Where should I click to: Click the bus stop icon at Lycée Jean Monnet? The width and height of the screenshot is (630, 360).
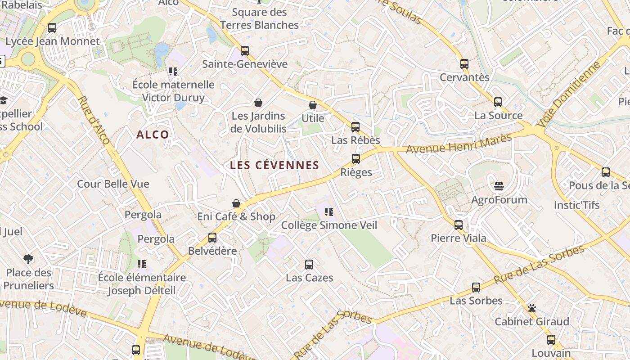tap(52, 28)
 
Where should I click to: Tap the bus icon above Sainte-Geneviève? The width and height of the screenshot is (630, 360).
tap(245, 51)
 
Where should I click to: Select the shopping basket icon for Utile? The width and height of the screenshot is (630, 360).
tap(313, 105)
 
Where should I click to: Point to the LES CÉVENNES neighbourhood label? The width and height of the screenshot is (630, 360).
tap(274, 165)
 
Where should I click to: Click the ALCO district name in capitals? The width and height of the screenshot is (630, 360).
tap(153, 135)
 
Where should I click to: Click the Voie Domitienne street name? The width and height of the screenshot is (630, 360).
tap(569, 95)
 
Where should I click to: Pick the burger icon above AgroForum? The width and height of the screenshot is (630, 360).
tap(499, 186)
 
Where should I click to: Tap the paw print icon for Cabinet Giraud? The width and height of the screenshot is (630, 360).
tap(532, 309)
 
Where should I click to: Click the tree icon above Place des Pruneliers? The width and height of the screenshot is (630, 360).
tap(28, 259)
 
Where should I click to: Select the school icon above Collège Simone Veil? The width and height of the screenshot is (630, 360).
tap(329, 212)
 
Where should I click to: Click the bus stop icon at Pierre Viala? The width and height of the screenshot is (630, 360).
tap(459, 225)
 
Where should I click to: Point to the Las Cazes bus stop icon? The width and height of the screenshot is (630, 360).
tap(309, 265)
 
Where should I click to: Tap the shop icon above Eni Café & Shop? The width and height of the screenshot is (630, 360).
tap(236, 203)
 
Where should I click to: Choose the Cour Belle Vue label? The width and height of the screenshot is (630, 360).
tap(113, 184)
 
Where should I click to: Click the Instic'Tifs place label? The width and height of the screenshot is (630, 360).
tap(577, 205)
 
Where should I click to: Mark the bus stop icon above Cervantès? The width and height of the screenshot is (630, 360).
tap(464, 64)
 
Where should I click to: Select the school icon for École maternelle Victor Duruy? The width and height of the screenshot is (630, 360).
tap(173, 72)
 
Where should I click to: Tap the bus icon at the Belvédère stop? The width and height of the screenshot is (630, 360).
tap(212, 238)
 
